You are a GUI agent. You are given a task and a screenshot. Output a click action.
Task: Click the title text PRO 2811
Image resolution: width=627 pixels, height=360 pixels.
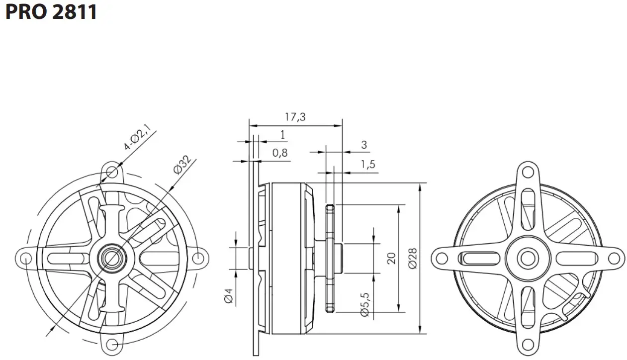51,11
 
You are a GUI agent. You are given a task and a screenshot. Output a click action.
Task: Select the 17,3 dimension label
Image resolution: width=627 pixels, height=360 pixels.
295,117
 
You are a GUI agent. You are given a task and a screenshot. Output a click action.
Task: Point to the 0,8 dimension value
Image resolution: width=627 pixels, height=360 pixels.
279,153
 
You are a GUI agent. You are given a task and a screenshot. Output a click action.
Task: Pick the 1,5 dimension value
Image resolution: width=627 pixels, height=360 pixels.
368,165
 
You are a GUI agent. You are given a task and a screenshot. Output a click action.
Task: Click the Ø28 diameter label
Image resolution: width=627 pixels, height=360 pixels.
412,258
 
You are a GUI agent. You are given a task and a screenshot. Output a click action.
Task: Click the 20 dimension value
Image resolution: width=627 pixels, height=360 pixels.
391,258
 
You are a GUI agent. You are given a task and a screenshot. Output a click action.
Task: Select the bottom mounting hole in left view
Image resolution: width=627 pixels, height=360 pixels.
112,344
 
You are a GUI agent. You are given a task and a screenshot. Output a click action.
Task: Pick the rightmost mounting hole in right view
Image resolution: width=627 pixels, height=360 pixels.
615,258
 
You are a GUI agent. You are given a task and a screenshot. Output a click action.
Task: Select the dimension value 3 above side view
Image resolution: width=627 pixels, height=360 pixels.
364,145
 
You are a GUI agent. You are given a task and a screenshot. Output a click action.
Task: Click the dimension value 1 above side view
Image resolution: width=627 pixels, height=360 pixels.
282,134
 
